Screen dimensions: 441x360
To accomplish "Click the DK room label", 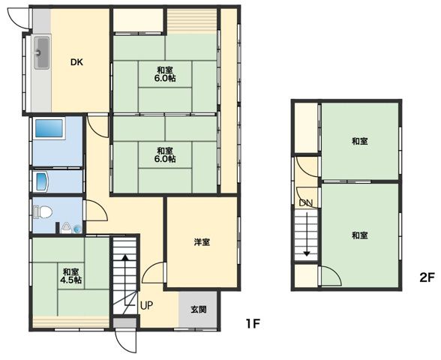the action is tap(76, 62).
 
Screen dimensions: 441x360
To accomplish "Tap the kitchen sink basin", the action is tap(42, 52).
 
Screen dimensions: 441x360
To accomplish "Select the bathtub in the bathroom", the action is tap(49, 128).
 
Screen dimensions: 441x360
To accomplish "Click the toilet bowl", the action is tap(43, 212).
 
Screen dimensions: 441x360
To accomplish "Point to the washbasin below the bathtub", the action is tap(42, 181).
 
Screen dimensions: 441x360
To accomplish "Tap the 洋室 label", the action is tap(202, 241).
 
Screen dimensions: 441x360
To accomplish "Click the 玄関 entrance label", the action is tap(199, 310).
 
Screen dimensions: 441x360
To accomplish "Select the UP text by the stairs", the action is tap(146, 305).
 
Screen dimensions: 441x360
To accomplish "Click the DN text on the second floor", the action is tap(306, 202).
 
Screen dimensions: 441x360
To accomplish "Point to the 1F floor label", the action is tap(253, 324).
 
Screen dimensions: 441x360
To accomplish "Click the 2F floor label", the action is tap(427, 277).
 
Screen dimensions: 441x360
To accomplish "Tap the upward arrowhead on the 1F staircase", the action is tap(125, 257).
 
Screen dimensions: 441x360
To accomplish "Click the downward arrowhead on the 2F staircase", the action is tap(307, 253).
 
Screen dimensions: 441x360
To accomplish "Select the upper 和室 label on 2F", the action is tap(360, 141).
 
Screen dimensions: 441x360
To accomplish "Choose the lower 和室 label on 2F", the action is tap(360, 235).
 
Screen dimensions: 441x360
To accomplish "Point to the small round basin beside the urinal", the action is tap(77, 229).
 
